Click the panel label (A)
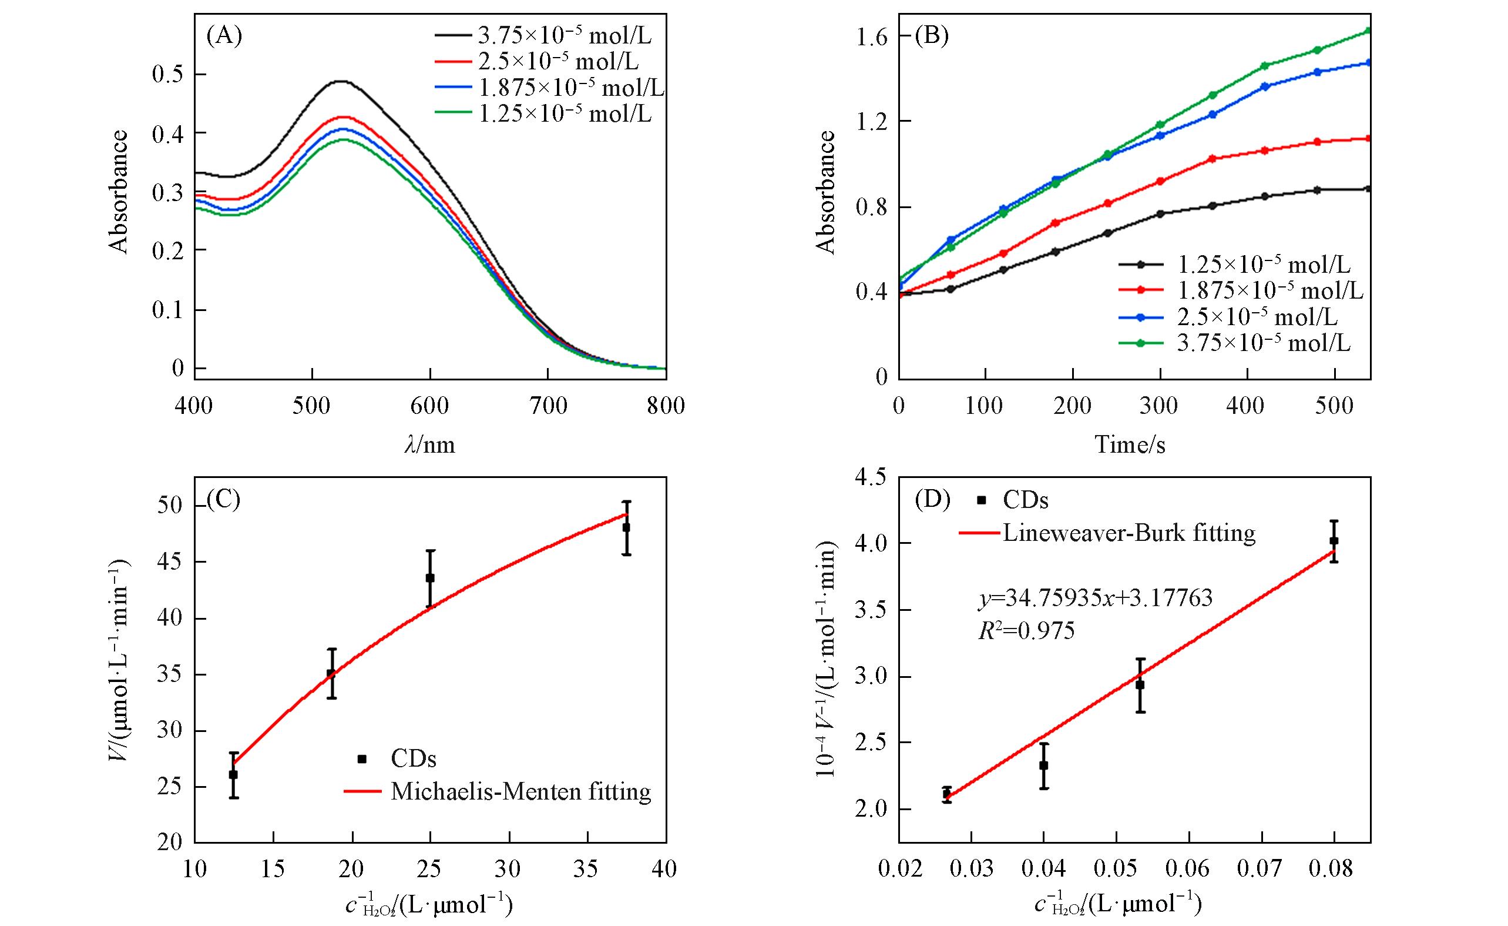pos(224,36)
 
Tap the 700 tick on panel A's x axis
pos(549,406)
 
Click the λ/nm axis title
pos(429,444)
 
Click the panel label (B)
pos(931,36)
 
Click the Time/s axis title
pos(1130,444)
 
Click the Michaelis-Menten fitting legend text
pos(521,791)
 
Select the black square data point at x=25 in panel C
pos(430,577)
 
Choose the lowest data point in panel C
pos(233,774)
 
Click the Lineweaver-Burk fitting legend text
pos(1129,533)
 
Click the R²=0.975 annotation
pos(1026,631)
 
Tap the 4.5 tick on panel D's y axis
pos(872,477)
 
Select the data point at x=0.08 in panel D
pos(1334,541)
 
